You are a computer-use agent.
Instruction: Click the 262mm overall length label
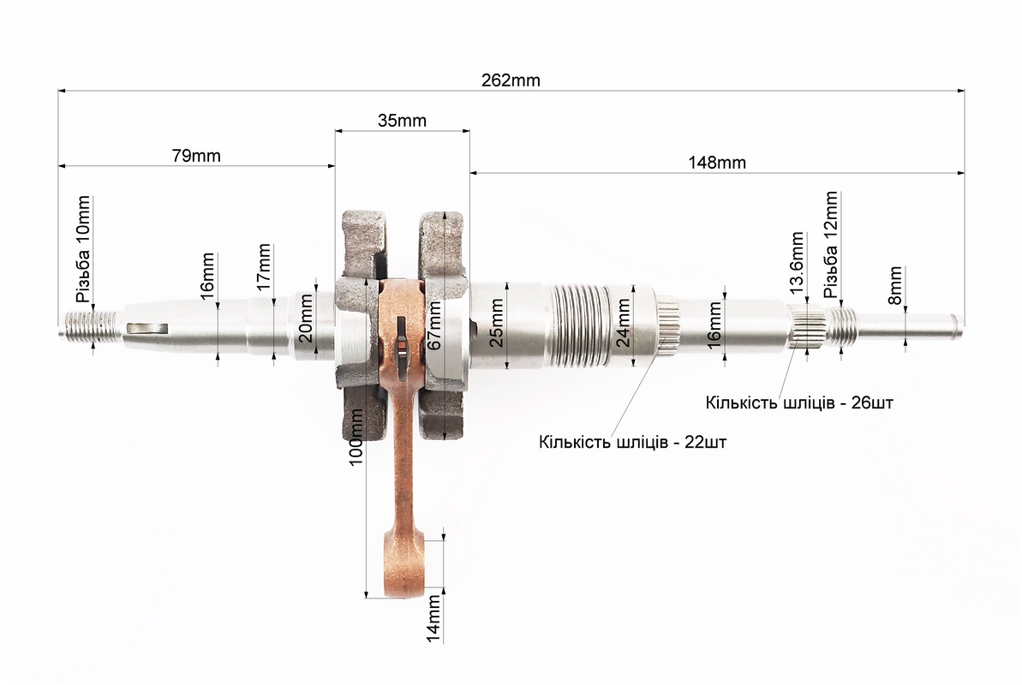511,80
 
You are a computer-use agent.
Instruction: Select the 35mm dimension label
402,121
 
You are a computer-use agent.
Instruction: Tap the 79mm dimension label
196,156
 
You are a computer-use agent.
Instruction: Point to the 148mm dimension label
717,163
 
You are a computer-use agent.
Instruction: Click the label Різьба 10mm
83,249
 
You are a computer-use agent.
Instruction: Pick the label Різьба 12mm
830,244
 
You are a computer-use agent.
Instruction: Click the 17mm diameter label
263,266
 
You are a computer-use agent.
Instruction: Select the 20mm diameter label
306,319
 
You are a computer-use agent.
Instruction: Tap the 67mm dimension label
434,325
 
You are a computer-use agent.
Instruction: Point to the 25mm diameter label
497,324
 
